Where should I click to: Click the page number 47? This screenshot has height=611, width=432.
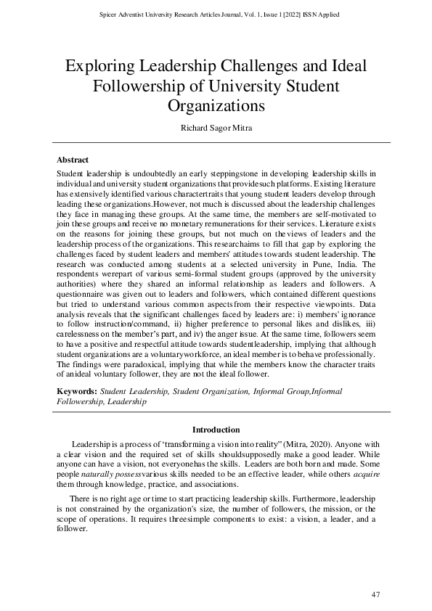[x=375, y=595]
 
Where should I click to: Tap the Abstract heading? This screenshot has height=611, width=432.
[x=74, y=158]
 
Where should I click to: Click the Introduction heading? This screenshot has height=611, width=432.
[x=216, y=430]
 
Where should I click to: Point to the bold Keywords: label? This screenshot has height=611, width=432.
[x=78, y=390]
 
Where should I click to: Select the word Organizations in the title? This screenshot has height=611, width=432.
[x=216, y=105]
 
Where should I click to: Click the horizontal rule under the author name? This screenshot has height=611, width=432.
[x=216, y=142]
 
